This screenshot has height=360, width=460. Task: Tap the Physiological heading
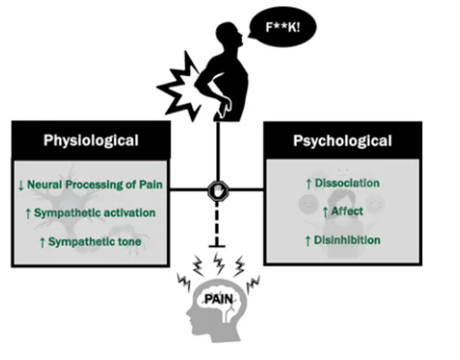91,140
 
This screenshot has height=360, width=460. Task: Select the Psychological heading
343,140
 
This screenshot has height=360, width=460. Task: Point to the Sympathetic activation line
94,212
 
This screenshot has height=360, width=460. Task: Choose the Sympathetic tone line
94,242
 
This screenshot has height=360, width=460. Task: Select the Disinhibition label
347,240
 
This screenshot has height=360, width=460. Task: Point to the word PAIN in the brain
218,300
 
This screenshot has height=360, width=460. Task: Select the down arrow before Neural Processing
22,186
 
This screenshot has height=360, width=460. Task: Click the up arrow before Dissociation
308,184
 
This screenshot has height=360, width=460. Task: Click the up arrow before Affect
324,212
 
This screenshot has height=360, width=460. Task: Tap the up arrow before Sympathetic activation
27,213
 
